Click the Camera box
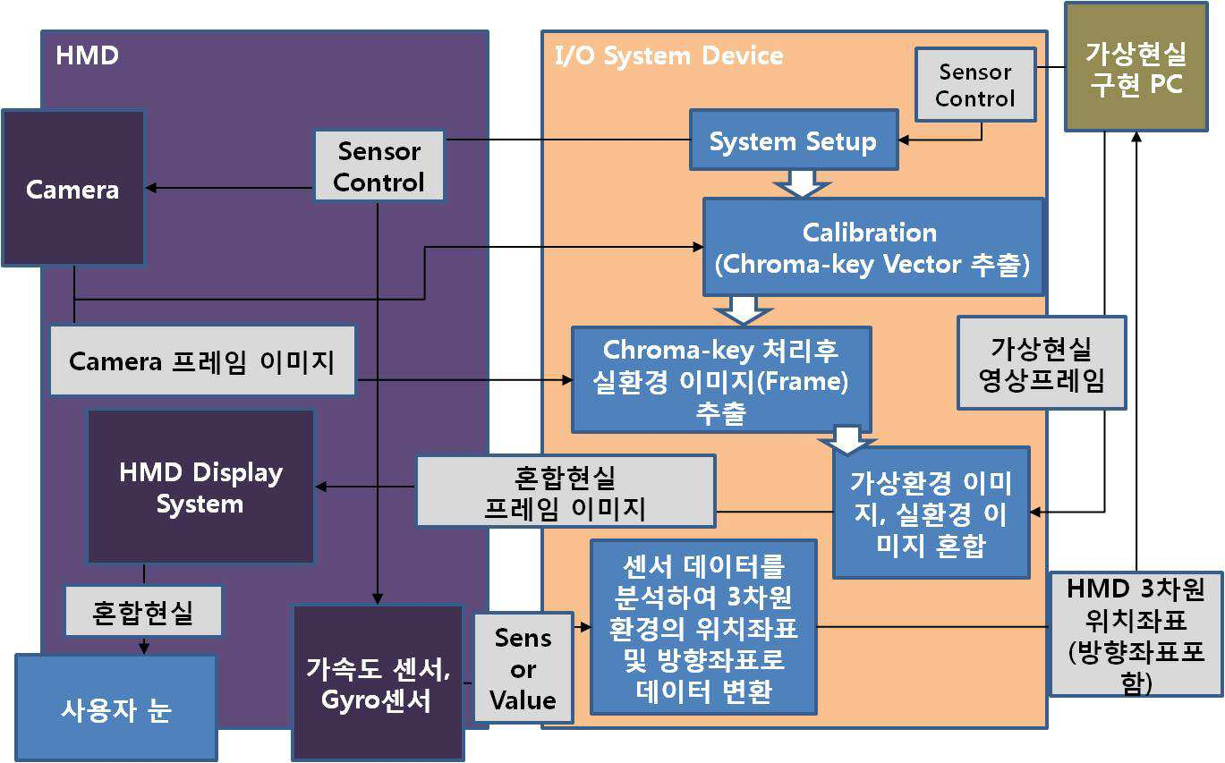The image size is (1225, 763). click(73, 189)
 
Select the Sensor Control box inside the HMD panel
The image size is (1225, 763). click(379, 166)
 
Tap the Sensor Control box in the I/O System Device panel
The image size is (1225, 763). click(975, 85)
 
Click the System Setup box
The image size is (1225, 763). click(794, 140)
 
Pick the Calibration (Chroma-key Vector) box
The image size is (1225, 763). click(873, 247)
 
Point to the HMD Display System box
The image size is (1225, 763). click(200, 487)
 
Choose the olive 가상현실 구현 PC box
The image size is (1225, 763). click(1136, 67)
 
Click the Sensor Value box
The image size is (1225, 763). click(523, 668)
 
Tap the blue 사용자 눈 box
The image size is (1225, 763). click(116, 708)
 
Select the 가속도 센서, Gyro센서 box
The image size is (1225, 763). click(378, 683)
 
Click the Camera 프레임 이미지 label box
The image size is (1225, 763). click(202, 360)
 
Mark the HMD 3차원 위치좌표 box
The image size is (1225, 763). click(1136, 634)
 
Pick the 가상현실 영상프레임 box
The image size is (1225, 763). click(1042, 363)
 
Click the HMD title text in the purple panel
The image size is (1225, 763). click(88, 55)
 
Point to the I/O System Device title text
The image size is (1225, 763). click(668, 55)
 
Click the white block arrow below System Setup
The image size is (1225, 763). click(803, 183)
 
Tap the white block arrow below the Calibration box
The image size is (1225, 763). click(744, 310)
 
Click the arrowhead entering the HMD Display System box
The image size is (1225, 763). click(321, 487)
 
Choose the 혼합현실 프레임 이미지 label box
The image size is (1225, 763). click(566, 491)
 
